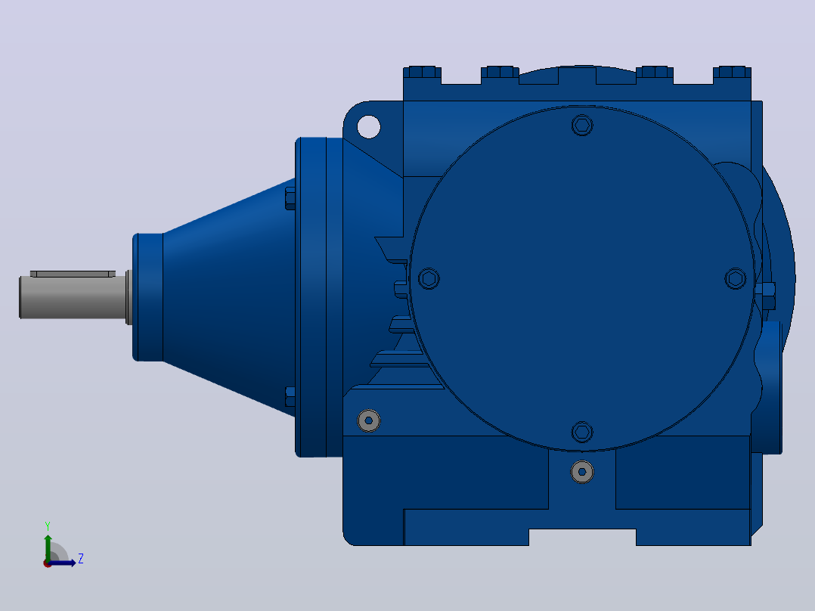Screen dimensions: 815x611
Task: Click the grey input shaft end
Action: (x=73, y=297)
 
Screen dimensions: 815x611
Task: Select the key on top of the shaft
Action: (x=73, y=274)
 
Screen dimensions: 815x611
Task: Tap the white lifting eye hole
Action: (x=368, y=127)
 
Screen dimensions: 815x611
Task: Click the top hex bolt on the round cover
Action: (x=582, y=126)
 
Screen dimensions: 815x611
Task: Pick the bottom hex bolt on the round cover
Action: (x=582, y=432)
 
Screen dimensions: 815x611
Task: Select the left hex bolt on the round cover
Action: (x=429, y=279)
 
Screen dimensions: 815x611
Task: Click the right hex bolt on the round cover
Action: (x=736, y=279)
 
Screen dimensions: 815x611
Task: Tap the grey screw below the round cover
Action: (x=582, y=472)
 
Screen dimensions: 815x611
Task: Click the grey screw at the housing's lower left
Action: (x=368, y=420)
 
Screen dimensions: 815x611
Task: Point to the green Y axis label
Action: (x=48, y=526)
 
